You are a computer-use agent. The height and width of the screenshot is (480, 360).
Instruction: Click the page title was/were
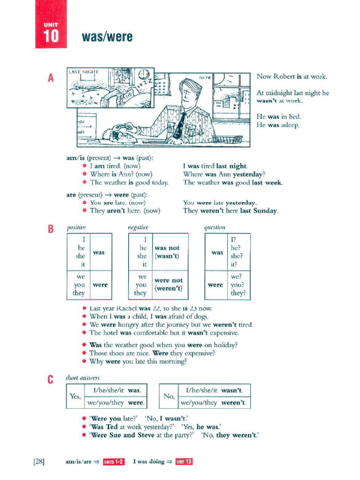pos(107,37)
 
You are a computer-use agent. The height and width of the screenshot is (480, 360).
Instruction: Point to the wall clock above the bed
pos(142,74)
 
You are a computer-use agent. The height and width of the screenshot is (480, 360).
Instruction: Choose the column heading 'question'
pos(215,227)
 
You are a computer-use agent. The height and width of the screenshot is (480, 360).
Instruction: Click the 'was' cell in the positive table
pos(99,252)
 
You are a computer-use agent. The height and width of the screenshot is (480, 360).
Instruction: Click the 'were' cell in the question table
pos(215,285)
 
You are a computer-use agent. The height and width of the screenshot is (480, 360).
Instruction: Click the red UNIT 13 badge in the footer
pos(184,462)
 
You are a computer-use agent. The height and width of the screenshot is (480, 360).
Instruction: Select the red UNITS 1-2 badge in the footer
pos(114,462)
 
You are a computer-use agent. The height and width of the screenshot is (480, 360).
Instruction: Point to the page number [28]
pos(39,462)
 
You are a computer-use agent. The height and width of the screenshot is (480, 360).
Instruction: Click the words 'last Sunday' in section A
pos(260,211)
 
